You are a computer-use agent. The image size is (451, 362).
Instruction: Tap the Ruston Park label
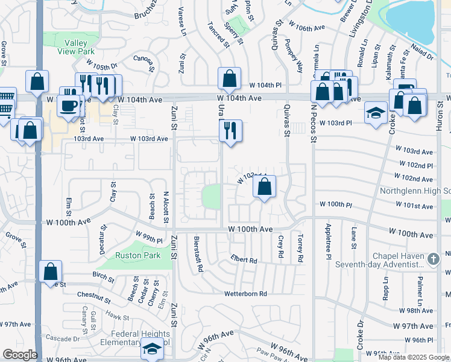click(x=139, y=255)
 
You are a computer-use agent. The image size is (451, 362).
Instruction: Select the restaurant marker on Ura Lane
click(x=230, y=130)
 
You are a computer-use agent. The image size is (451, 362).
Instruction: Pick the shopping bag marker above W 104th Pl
click(x=229, y=78)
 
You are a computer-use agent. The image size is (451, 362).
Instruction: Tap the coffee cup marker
click(x=67, y=104)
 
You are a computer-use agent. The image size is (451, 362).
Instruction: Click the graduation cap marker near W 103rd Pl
click(x=376, y=112)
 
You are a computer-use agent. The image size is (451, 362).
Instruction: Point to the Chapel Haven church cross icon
click(x=432, y=259)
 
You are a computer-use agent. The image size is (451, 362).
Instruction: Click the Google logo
click(x=19, y=355)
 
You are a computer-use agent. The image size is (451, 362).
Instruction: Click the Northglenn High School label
click(x=415, y=192)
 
